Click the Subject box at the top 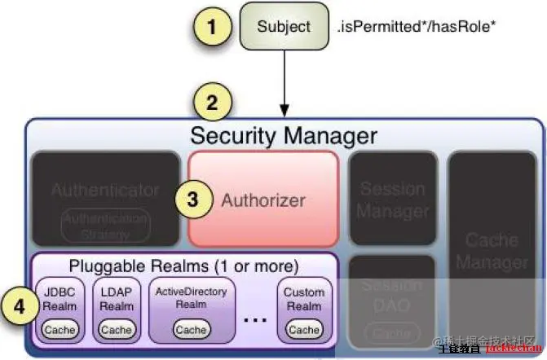point(284,27)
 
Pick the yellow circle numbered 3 point(192,200)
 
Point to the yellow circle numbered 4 point(17,308)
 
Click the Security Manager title point(283,135)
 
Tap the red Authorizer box point(263,198)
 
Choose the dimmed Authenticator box point(105,198)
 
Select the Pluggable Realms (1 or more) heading point(183,266)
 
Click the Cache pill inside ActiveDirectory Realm point(191,329)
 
